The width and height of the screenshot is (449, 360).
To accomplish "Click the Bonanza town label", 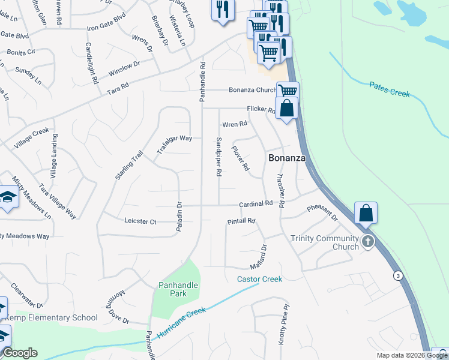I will click(286, 158).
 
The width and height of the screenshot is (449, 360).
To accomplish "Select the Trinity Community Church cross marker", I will click(367, 242).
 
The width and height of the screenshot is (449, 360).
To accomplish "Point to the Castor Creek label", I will click(259, 279).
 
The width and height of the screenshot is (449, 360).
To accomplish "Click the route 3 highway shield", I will click(397, 275).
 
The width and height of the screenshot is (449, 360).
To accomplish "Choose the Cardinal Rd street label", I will click(256, 204).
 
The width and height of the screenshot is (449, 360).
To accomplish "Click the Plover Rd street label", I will click(241, 158).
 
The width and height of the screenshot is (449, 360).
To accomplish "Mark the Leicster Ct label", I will click(140, 222).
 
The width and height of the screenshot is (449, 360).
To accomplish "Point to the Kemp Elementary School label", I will click(52, 317).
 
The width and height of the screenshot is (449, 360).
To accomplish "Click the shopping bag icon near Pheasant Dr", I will click(366, 213).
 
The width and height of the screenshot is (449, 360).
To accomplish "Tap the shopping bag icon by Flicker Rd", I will click(288, 109).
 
